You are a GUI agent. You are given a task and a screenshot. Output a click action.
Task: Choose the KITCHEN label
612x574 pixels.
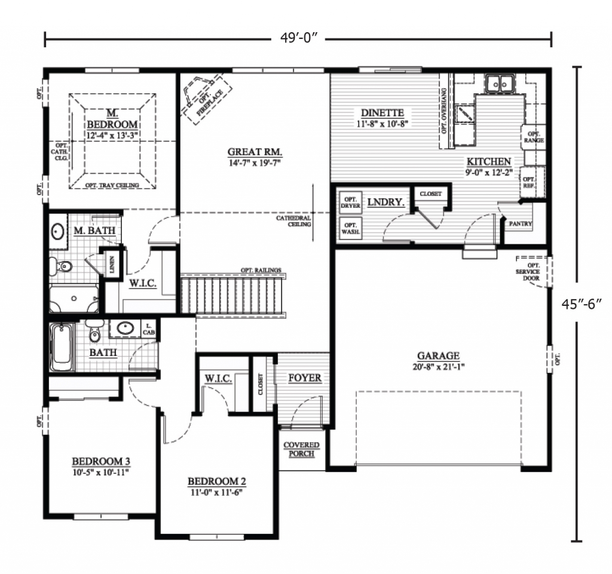tap(488, 161)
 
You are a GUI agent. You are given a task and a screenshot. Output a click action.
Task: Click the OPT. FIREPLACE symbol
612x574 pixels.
tap(203, 97)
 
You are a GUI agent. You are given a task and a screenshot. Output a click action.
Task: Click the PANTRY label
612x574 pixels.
tap(520, 224)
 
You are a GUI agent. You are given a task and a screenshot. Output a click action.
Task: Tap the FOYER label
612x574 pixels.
tap(305, 378)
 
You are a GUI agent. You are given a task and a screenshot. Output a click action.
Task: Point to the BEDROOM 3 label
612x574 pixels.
tap(101, 462)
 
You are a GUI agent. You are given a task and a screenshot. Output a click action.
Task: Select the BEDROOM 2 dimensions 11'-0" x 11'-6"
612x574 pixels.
tap(217, 493)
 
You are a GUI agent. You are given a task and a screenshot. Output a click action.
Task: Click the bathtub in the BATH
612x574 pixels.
tap(62, 346)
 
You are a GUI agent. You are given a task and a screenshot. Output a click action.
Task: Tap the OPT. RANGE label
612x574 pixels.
tap(534, 136)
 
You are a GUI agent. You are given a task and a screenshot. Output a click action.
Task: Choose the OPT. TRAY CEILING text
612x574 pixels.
tap(112, 185)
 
